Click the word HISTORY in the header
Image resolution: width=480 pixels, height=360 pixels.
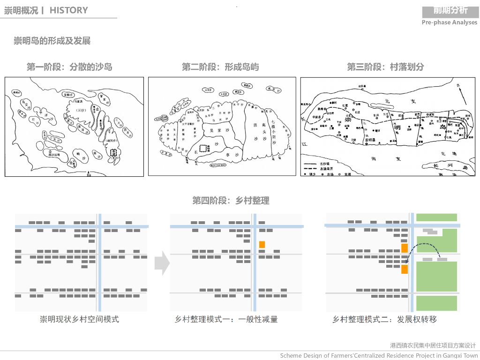pyautogui.click(x=68, y=10)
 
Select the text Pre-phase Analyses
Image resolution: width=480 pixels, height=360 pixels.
pyautogui.click(x=450, y=22)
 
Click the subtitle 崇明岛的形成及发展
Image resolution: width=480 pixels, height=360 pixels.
pyautogui.click(x=52, y=41)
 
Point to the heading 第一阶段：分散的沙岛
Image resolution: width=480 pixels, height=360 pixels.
pyautogui.click(x=69, y=67)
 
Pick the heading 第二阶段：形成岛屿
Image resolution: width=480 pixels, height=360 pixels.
pyautogui.click(x=220, y=67)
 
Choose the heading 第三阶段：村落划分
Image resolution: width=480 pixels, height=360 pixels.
pyautogui.click(x=385, y=67)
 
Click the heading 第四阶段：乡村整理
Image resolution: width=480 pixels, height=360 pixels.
pyautogui.click(x=231, y=201)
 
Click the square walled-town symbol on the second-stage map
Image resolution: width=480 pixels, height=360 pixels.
pyautogui.click(x=203, y=148)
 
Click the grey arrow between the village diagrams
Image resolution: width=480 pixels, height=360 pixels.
pyautogui.click(x=162, y=263)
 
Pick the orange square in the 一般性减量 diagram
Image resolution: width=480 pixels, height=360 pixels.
pyautogui.click(x=262, y=245)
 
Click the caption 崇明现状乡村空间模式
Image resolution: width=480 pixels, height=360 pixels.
pyautogui.click(x=79, y=319)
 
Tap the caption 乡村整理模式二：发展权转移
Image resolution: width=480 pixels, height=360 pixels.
pyautogui.click(x=384, y=319)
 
